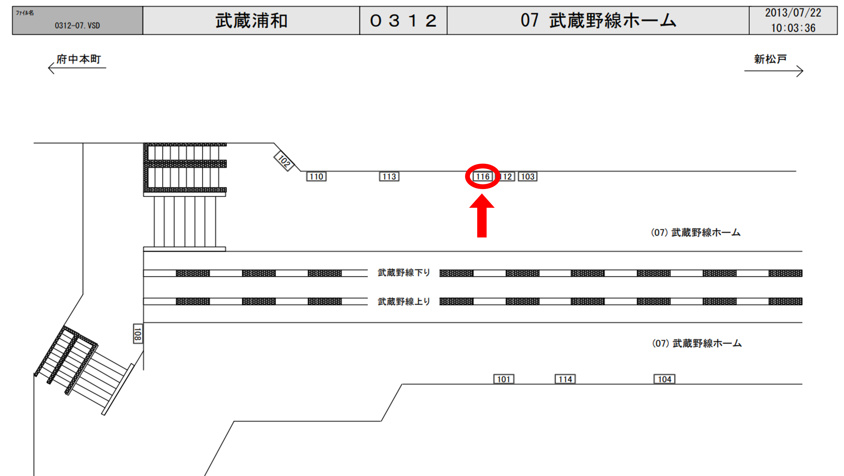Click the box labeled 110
pos(316,177)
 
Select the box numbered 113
pos(389,177)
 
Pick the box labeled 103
pos(528,177)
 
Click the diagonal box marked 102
pos(284,161)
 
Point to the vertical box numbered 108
pos(138,334)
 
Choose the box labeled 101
pos(504,379)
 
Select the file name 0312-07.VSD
pos(77,25)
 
